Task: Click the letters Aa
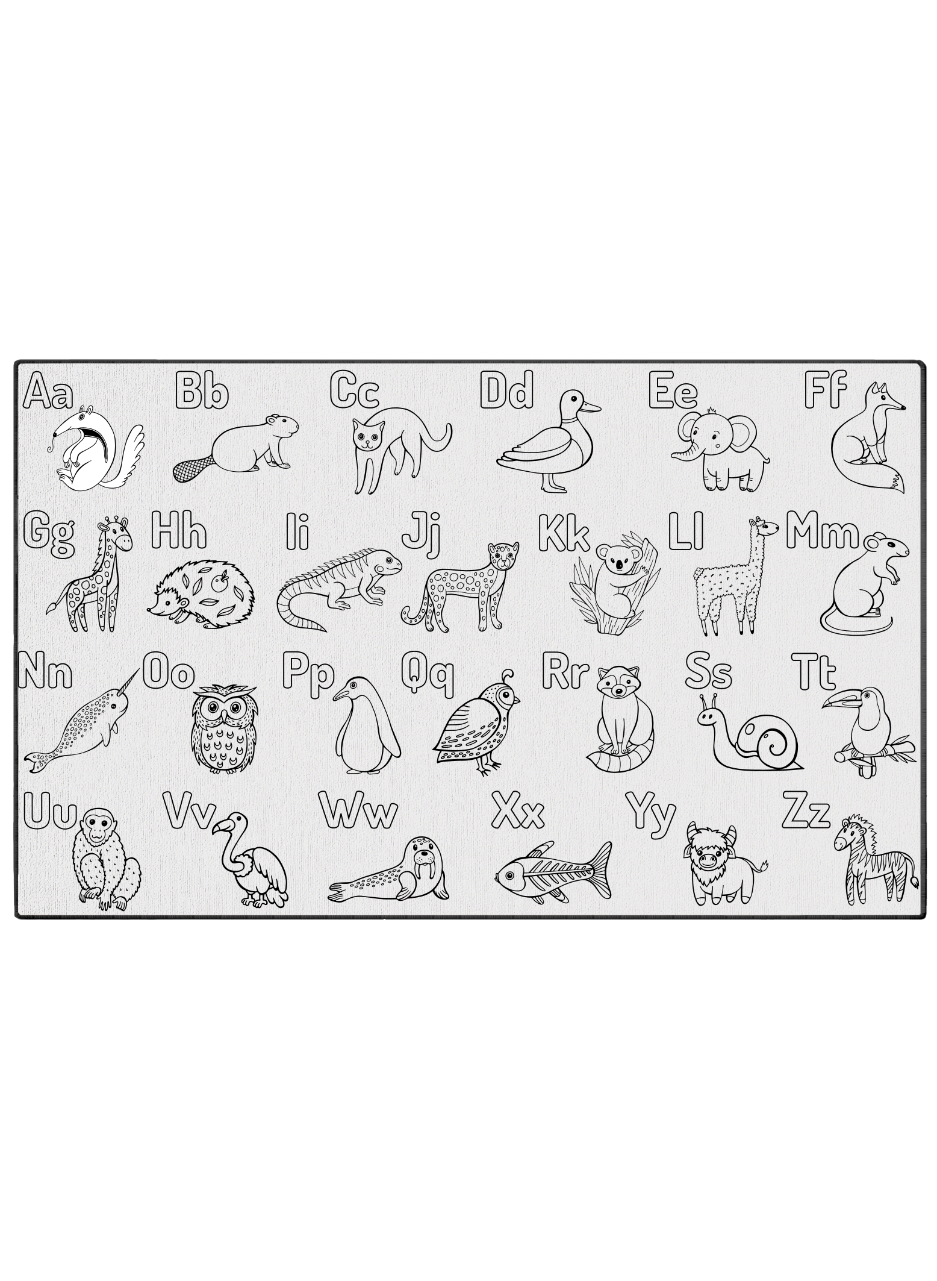pyautogui.click(x=48, y=392)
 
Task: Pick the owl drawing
pyautogui.click(x=224, y=728)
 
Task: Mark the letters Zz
pyautogui.click(x=806, y=814)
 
